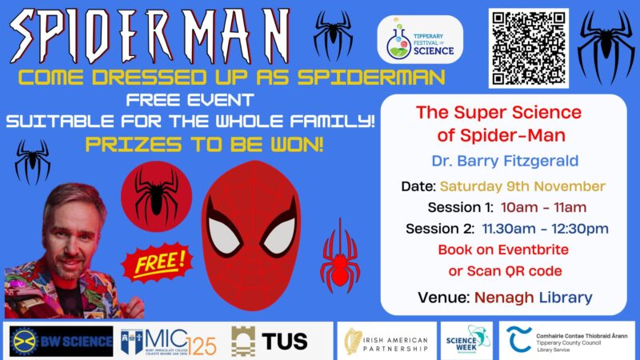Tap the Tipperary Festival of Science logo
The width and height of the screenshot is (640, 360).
pyautogui.click(x=420, y=42)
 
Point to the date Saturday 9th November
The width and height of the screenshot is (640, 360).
pyautogui.click(x=534, y=186)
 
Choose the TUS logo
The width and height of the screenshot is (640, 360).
pyautogui.click(x=269, y=341)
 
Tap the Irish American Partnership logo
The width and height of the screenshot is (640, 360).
pyautogui.click(x=387, y=341)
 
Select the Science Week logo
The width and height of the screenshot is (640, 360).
pyautogui.click(x=467, y=340)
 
